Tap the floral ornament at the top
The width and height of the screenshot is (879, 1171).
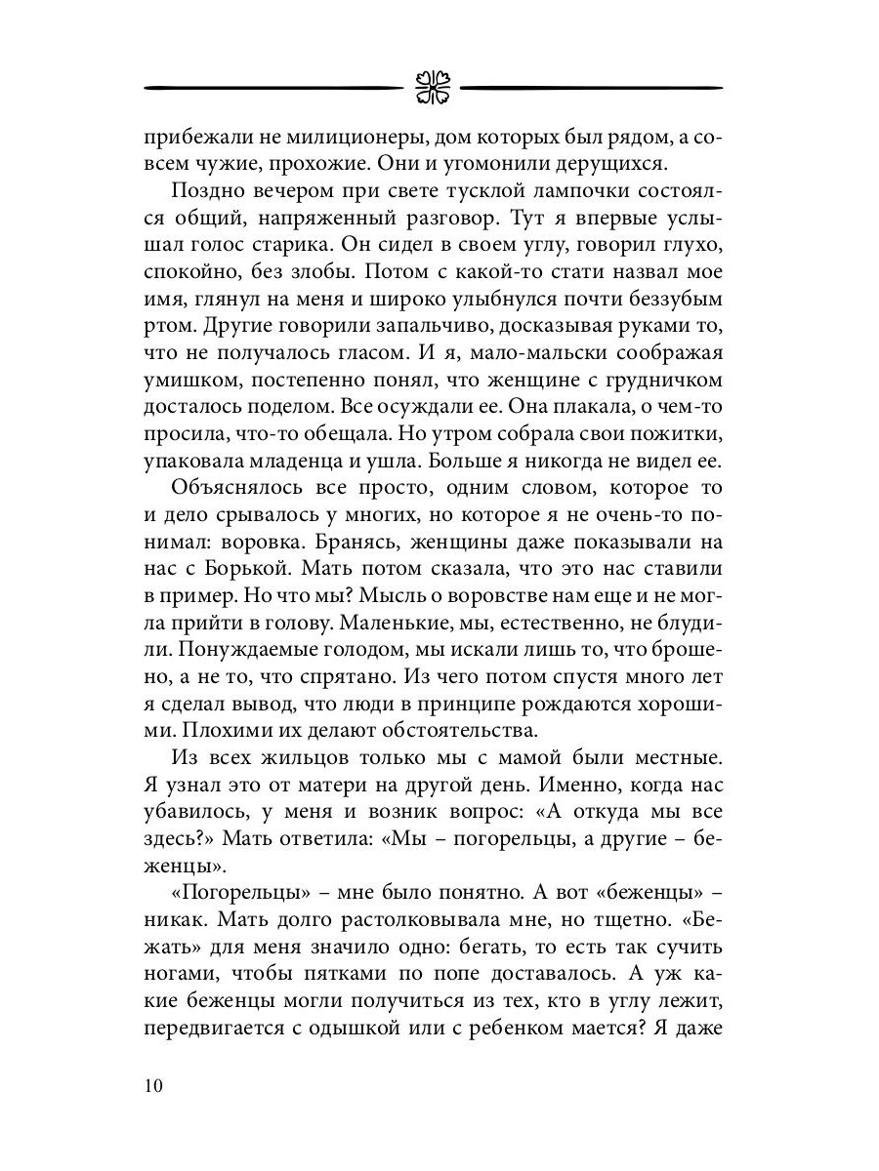click(431, 86)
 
